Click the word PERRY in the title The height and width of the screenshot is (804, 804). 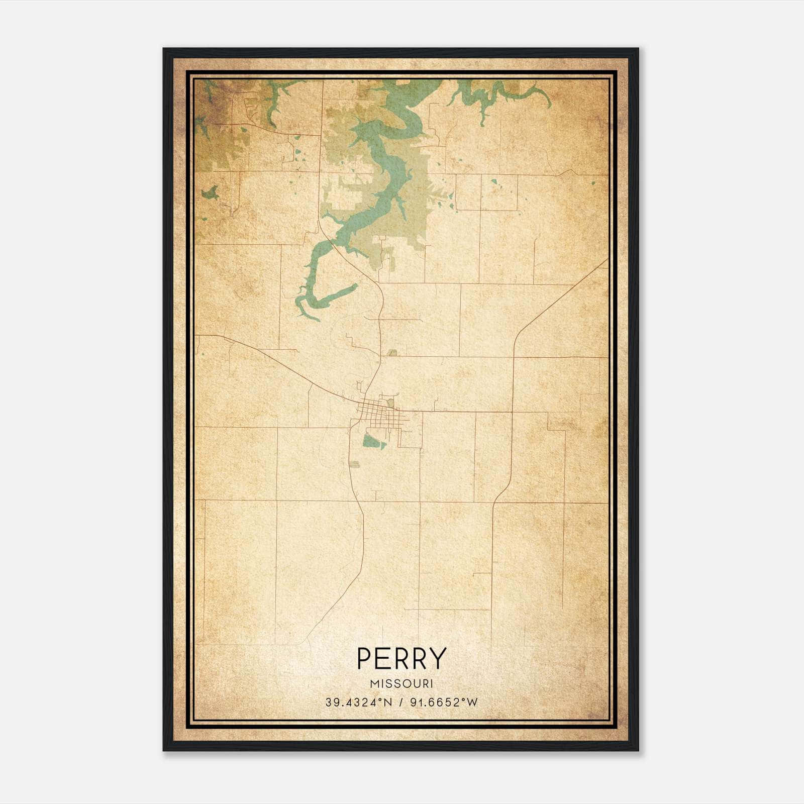(x=401, y=658)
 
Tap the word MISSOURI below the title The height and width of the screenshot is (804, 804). (x=401, y=684)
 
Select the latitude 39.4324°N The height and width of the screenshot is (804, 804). (x=358, y=702)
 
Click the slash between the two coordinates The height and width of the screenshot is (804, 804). (x=400, y=702)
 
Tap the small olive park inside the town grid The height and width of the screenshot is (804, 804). (x=390, y=403)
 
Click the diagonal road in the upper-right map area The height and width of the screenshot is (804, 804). (x=558, y=296)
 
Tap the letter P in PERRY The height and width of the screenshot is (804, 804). (x=364, y=658)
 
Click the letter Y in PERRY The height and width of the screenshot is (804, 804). (x=438, y=658)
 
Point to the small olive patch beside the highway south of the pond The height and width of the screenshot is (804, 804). (x=355, y=464)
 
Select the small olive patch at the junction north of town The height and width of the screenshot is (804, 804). (x=392, y=353)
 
